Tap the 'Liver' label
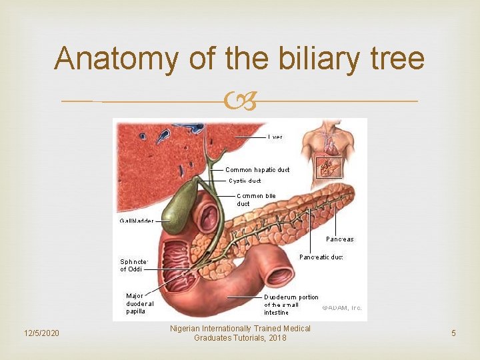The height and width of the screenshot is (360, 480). (x=275, y=137)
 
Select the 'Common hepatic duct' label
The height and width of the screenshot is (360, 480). (x=257, y=170)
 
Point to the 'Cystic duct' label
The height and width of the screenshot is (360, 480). (x=245, y=181)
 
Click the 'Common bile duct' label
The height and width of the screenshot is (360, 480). (x=255, y=199)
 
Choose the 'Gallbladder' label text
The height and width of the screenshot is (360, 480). (x=137, y=221)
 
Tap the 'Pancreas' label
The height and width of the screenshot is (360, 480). (x=340, y=239)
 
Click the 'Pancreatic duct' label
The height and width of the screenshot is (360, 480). (x=321, y=257)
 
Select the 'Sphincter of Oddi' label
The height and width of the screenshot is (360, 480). (x=132, y=265)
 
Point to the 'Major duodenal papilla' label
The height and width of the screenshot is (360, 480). (x=140, y=303)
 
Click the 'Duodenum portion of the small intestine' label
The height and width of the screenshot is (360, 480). (x=291, y=305)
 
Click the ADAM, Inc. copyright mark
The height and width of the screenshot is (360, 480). (x=342, y=307)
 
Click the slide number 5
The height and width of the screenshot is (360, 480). (x=453, y=333)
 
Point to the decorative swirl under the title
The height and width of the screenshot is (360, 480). (x=240, y=102)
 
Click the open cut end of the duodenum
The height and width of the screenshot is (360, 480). (x=279, y=275)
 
